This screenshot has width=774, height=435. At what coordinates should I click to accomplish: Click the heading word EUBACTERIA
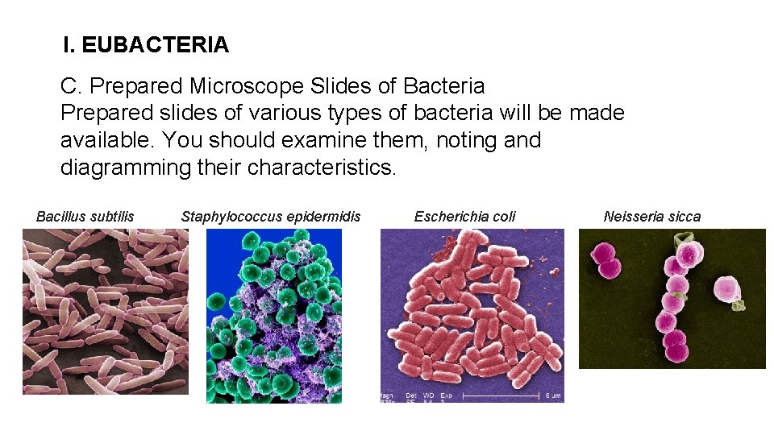click(155, 45)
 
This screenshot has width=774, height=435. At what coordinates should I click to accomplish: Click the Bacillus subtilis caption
click(85, 216)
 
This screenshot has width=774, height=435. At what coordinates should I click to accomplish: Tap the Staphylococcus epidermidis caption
click(271, 216)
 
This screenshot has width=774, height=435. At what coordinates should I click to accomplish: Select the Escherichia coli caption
click(464, 216)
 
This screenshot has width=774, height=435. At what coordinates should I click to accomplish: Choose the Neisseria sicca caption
click(652, 216)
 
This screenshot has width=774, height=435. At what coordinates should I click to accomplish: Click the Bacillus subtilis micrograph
click(105, 311)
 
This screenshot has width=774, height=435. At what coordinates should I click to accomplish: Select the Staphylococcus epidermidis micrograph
click(274, 316)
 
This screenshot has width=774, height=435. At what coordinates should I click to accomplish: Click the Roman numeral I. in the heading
click(69, 45)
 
